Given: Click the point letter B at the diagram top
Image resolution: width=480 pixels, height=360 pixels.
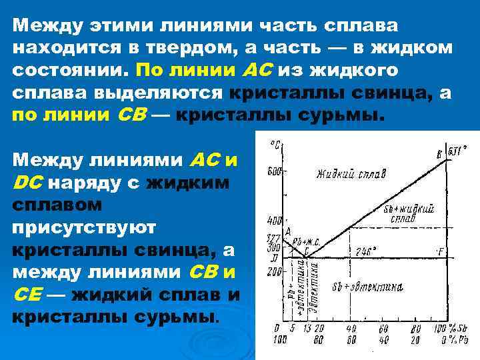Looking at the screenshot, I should pyautogui.click(x=438, y=155).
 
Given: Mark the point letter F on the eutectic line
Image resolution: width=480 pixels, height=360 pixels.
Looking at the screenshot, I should pyautogui.click(x=440, y=253).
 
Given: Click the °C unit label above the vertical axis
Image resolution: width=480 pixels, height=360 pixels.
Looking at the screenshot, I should pyautogui.click(x=274, y=144).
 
